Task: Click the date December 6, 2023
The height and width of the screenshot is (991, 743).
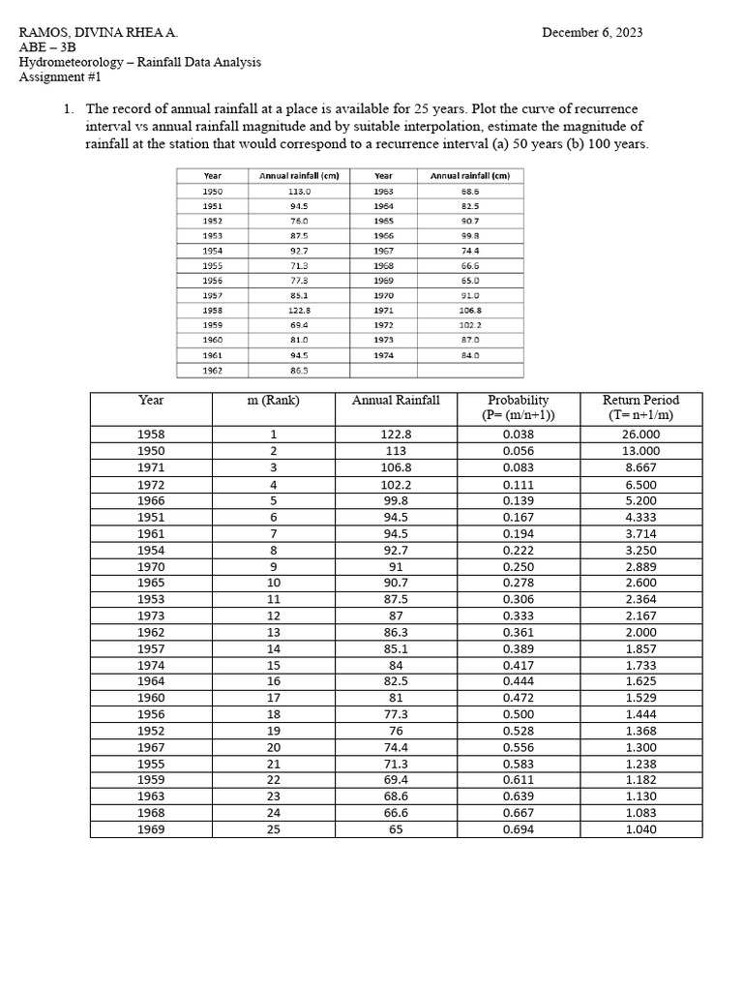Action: coord(591,33)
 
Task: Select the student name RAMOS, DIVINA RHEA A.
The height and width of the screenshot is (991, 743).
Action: coord(98,33)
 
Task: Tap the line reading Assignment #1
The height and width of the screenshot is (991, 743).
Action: coord(60,77)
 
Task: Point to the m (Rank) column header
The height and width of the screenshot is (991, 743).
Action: coord(273,400)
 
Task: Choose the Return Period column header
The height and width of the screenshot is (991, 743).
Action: coord(640,407)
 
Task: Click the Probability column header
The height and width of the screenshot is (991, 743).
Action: coord(519,407)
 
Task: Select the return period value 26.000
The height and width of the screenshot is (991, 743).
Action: coord(640,435)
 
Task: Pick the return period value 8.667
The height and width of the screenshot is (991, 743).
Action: coord(640,467)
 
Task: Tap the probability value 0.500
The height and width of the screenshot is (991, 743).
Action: coord(519,714)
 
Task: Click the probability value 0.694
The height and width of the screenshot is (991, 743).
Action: coord(519,829)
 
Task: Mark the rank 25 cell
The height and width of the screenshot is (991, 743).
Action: coord(273,829)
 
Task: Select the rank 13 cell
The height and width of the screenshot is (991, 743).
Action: coord(273,632)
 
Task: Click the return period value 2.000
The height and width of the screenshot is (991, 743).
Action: coord(640,632)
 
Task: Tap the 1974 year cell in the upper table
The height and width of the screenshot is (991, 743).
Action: coord(383,355)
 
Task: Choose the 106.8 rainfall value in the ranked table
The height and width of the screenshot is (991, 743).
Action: coord(396,467)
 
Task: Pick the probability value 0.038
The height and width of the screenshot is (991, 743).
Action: coord(519,435)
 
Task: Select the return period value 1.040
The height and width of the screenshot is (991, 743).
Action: coord(640,829)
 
